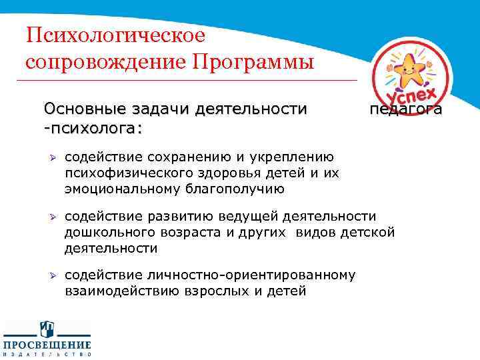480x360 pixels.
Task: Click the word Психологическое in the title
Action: tap(115, 36)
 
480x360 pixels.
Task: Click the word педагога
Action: tap(405, 109)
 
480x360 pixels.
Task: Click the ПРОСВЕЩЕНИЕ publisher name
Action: tap(47, 344)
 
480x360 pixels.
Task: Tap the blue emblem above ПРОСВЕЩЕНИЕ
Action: tap(47, 329)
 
